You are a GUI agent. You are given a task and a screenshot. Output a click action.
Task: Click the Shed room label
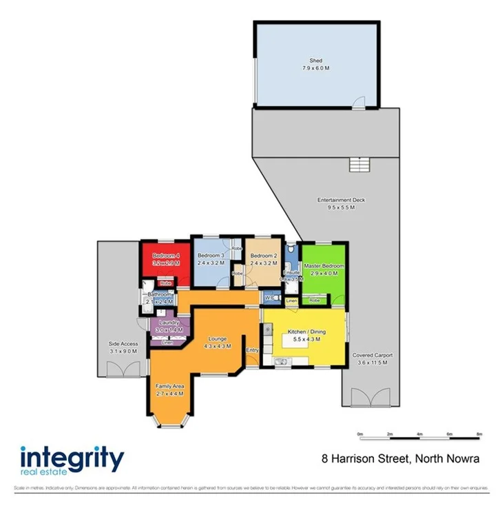click(316, 61)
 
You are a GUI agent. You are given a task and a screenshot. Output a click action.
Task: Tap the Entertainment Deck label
click(341, 200)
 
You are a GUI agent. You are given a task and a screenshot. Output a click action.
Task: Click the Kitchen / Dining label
click(308, 332)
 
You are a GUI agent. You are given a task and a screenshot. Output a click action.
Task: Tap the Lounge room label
click(219, 338)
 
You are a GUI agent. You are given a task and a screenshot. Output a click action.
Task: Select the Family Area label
click(169, 385)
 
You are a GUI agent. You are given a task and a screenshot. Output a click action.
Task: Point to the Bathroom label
click(159, 294)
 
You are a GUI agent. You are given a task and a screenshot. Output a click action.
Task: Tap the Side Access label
click(123, 343)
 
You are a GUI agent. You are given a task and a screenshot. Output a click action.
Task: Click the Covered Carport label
click(373, 356)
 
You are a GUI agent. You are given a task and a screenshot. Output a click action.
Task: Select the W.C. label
click(270, 298)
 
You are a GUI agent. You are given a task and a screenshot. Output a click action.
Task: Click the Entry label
click(251, 350)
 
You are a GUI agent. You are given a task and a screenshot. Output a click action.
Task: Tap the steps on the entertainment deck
click(359, 165)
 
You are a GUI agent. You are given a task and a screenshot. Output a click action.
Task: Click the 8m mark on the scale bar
click(479, 434)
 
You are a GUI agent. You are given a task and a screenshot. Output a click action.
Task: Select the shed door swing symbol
click(359, 103)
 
